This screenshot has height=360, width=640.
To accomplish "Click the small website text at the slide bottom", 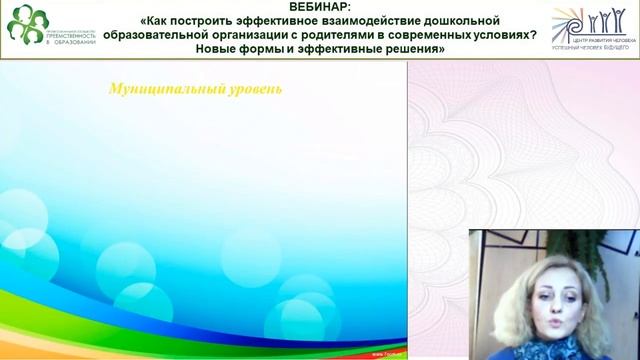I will point(388,353).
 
